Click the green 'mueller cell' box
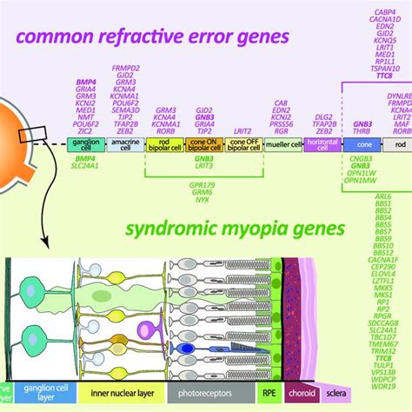point(282,147)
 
